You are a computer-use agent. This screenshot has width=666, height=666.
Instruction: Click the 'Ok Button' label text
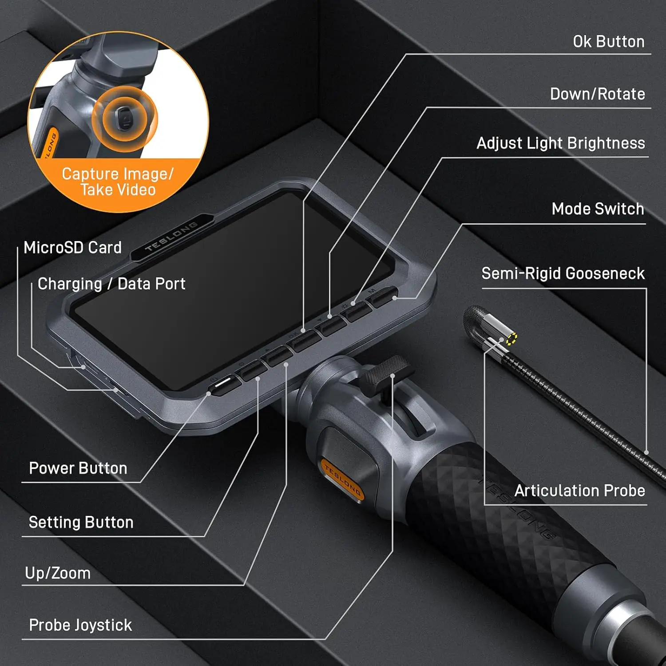[x=608, y=42]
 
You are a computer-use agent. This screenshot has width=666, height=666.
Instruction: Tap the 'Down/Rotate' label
[x=597, y=94]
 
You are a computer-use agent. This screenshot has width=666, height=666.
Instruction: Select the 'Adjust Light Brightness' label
[x=560, y=143]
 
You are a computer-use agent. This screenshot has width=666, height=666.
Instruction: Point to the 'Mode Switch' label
[x=598, y=209]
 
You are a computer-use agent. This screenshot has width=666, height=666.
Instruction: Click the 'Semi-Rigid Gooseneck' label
[x=563, y=274]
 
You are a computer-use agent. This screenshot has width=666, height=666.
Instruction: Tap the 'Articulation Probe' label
[x=579, y=491]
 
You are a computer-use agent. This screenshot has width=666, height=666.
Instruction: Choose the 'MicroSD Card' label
[x=72, y=248]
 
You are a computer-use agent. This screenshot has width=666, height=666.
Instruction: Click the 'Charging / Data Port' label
[x=111, y=284]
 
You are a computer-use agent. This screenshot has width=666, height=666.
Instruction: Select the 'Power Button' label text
[x=78, y=468]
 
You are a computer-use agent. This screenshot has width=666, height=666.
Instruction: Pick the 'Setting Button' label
[x=81, y=523]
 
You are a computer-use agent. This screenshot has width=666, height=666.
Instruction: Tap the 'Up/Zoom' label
[x=58, y=573]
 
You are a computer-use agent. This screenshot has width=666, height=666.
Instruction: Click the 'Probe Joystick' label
[x=80, y=625]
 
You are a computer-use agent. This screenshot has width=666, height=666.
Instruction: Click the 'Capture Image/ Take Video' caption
[x=118, y=182]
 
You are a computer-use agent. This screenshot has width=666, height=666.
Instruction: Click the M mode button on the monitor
[x=383, y=297]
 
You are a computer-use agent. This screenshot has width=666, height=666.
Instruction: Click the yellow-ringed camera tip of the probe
[x=511, y=339]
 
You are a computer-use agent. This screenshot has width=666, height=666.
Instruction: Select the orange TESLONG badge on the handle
[x=342, y=480]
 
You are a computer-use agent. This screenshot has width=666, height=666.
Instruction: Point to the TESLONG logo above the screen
[x=172, y=236]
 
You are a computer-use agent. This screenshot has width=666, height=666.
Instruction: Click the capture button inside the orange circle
[x=124, y=118]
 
